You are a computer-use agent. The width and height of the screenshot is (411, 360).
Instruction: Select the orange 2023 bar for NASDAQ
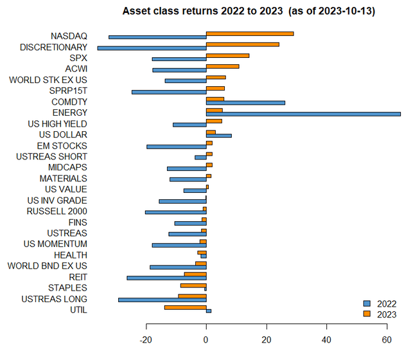[250, 33]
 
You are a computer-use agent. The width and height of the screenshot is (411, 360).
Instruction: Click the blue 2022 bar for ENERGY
[303, 114]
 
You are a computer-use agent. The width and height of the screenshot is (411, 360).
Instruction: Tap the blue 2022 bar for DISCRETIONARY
[152, 48]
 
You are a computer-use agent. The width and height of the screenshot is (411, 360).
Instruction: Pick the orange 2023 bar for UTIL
[185, 307]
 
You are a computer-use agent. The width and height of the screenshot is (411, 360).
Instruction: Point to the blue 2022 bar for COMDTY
[245, 103]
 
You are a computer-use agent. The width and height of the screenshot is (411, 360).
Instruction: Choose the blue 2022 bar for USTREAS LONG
[162, 300]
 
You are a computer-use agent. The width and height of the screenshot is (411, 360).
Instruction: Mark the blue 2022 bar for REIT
[166, 278]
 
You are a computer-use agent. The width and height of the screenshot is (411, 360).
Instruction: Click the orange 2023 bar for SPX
[227, 55]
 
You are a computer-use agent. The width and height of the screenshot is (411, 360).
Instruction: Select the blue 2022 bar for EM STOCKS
[177, 147]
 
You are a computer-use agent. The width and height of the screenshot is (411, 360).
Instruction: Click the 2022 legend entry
[379, 303]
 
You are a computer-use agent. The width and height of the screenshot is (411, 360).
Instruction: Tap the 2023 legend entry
[379, 314]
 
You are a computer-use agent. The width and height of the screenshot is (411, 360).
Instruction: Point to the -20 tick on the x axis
[146, 340]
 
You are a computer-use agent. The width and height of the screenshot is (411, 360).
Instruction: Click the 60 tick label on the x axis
[387, 340]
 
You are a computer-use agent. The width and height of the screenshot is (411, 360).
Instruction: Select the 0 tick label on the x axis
[206, 340]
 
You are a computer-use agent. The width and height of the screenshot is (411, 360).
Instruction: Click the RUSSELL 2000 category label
[57, 212]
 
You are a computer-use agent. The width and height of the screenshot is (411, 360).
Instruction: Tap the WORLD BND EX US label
[47, 265]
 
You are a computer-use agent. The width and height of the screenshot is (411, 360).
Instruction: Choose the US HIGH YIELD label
[57, 123]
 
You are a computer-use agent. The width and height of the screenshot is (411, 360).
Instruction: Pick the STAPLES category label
[67, 287]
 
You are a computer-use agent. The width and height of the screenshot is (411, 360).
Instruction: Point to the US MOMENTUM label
[55, 244]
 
